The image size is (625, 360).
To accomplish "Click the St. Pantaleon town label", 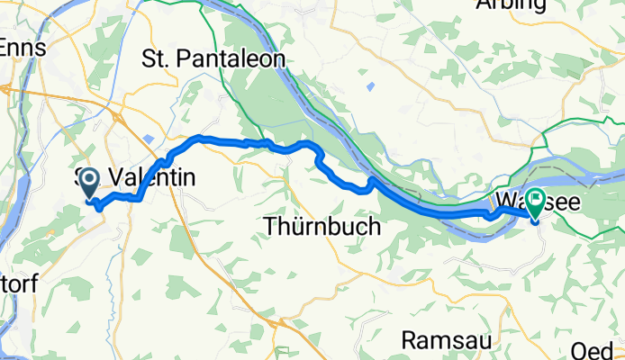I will [213, 60].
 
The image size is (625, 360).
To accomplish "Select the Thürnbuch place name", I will [323, 228].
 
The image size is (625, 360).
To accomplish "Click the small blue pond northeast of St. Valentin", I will [147, 138].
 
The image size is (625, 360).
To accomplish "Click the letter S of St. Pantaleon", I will [149, 60].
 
